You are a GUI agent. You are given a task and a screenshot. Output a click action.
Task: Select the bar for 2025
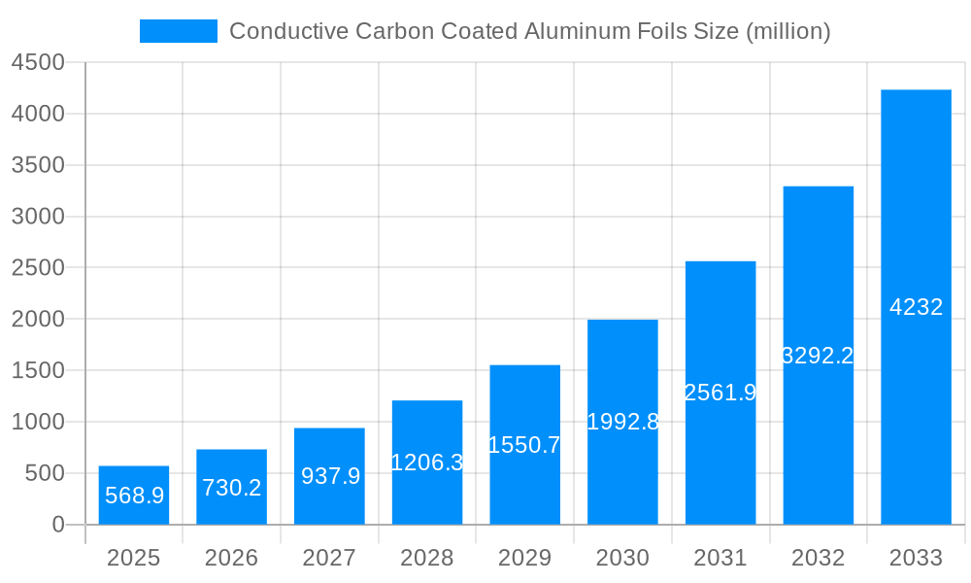point(134,496)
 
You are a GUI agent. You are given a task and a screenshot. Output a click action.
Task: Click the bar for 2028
point(427,463)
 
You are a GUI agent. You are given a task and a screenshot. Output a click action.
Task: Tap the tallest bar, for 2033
point(916,307)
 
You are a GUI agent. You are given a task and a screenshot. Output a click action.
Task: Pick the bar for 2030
point(622,422)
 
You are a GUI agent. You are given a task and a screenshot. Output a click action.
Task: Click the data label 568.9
point(134,496)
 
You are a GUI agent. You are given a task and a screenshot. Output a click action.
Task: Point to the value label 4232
point(916,307)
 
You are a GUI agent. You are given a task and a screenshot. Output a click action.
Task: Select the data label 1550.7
point(524,445)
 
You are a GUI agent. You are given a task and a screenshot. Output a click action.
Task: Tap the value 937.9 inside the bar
point(330,476)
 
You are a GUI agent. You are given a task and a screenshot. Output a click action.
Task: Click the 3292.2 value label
point(818,356)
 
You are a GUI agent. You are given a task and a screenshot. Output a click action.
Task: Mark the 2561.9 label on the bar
point(720,393)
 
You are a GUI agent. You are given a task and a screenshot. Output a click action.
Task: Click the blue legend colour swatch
point(179,31)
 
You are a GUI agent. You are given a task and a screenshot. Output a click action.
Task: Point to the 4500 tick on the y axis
point(38,63)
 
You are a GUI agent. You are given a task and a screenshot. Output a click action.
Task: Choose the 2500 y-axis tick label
point(38,268)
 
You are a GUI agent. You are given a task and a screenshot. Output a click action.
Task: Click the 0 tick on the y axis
point(57,525)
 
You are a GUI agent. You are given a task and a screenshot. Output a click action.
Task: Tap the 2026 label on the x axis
point(231,558)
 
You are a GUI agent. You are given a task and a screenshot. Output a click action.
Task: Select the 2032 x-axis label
point(818,558)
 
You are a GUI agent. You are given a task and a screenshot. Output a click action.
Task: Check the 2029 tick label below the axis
point(524,558)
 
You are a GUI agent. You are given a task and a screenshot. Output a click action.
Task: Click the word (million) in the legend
point(787,31)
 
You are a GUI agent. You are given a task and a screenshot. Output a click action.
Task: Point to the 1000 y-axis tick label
point(38,422)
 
